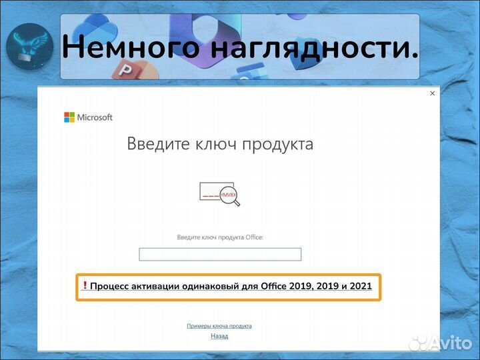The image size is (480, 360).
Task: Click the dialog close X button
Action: (432, 94)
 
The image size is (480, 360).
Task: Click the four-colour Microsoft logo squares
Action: (69, 117)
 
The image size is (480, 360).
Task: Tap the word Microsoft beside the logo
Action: (95, 117)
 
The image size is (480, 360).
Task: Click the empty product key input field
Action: (220, 254)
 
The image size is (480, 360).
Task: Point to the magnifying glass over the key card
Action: (229, 195)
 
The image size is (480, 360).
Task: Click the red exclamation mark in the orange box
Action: (85, 286)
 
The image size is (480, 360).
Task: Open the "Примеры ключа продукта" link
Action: (219, 326)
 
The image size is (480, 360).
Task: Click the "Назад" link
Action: (219, 336)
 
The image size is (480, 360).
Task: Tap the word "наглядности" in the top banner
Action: (305, 47)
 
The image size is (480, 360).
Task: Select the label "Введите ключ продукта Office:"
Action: (220, 237)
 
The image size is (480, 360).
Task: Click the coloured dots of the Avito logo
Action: (419, 343)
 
